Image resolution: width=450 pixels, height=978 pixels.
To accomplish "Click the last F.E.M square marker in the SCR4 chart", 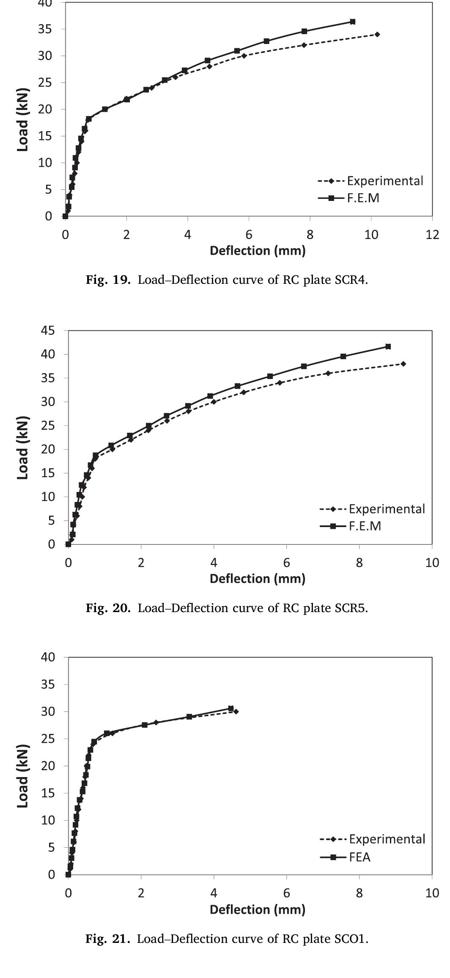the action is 352,22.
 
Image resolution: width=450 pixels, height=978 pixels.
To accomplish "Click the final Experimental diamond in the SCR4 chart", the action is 377,34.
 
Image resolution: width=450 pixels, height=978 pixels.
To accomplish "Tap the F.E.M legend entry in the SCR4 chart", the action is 349,198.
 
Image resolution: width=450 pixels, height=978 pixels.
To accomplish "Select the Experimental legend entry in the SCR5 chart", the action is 372,508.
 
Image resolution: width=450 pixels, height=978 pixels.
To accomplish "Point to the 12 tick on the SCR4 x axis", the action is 432,235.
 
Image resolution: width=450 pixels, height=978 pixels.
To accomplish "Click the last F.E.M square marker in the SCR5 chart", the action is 388,346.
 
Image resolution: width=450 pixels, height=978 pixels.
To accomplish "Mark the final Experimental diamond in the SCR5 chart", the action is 403,364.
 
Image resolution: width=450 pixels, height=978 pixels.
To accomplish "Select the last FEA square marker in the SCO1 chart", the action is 231,708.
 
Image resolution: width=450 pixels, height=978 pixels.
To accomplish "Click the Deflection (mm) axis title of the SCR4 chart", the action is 258,251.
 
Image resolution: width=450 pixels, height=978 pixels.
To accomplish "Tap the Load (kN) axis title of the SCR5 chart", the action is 23,448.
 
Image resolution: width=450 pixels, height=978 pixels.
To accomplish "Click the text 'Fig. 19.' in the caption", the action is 108,280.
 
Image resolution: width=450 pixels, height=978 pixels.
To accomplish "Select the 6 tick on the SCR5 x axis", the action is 286,563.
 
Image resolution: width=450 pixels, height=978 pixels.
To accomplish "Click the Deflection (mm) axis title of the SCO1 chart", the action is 258,909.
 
